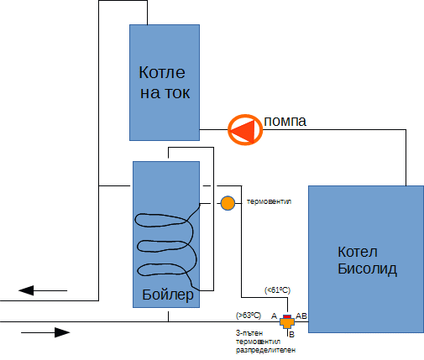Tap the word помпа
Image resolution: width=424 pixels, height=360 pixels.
[285, 122]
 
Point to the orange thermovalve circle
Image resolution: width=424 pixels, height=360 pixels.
[228, 203]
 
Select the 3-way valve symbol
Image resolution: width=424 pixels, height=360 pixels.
[286, 321]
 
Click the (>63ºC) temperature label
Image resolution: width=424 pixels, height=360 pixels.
[249, 316]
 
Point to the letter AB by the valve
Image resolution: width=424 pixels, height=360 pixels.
[302, 316]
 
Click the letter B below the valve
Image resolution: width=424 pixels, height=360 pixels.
[291, 334]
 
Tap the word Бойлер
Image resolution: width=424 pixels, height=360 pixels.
[167, 296]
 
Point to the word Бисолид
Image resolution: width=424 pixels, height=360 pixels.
[367, 269]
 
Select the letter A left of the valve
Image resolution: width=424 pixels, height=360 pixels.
[274, 316]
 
